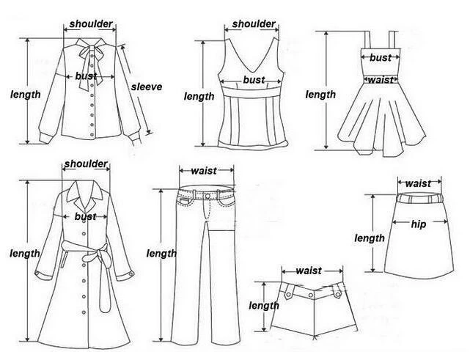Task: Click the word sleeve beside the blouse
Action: pos(146,87)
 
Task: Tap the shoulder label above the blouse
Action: pos(91,24)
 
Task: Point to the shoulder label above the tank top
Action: pos(254,24)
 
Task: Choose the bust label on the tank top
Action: pos(254,80)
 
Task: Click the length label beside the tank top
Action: pos(199,96)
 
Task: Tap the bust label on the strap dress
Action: pos(380,57)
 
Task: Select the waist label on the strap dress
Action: pos(381,80)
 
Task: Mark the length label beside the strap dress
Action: pos(320,95)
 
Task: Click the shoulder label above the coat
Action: pos(87,164)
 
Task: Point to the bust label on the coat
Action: pos(85,216)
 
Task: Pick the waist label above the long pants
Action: pos(203,171)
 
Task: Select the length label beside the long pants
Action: pos(161,253)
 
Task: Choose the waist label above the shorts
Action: pos(309,271)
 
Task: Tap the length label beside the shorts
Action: pos(263,306)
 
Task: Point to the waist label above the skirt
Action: pos(418,183)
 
